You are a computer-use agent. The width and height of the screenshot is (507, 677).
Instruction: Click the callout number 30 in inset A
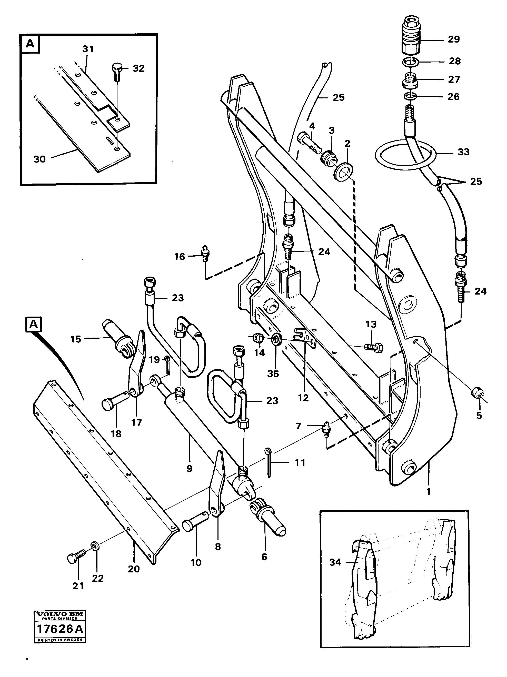pyautogui.click(x=39, y=159)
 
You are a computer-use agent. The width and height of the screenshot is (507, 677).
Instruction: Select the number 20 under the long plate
pyautogui.click(x=134, y=569)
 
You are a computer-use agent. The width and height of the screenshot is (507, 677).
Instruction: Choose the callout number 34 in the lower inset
pyautogui.click(x=335, y=562)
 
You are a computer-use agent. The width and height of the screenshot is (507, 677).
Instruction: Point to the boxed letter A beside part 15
pyautogui.click(x=33, y=325)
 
